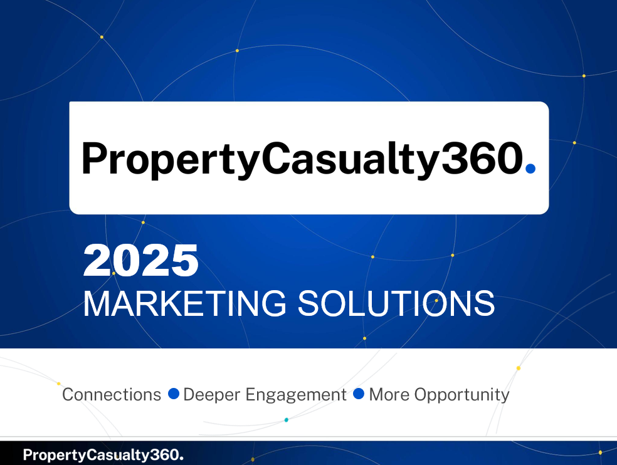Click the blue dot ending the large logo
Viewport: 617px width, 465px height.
[x=530, y=169]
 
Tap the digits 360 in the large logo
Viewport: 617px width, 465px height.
[x=482, y=158]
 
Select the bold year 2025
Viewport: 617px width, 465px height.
[x=141, y=261]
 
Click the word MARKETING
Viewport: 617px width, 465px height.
[x=185, y=303]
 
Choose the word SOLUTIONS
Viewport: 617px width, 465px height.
[x=396, y=303]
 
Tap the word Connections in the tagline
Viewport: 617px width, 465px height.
[x=112, y=395]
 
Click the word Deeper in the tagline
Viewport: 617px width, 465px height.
[x=212, y=395]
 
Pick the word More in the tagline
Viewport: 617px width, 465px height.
[x=389, y=395]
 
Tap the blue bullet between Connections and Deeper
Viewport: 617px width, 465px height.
[x=174, y=394]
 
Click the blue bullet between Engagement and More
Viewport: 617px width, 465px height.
[x=359, y=394]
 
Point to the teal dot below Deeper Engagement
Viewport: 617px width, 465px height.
[x=287, y=420]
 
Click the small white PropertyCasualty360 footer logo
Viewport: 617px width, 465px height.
[x=103, y=455]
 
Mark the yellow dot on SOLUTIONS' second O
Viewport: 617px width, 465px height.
[x=436, y=301]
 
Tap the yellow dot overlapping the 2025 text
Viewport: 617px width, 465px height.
[x=113, y=273]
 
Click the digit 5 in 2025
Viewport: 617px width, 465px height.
[x=184, y=261]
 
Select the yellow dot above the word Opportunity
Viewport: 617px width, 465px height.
[x=518, y=368]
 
